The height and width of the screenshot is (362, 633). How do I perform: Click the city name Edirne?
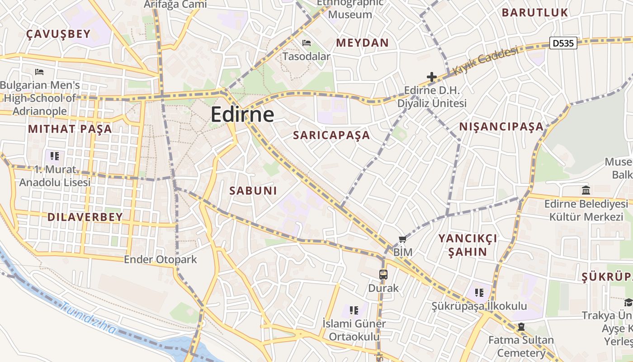click(x=242, y=114)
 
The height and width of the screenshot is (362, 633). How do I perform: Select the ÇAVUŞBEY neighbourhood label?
click(x=58, y=34)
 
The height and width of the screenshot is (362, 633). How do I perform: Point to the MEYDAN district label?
click(x=362, y=43)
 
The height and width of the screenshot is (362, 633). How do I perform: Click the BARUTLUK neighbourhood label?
click(x=534, y=13)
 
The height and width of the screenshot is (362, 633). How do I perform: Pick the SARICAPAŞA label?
click(x=331, y=135)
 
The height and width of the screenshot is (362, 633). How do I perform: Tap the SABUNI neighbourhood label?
click(x=253, y=191)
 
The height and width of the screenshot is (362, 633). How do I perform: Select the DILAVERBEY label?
click(x=85, y=217)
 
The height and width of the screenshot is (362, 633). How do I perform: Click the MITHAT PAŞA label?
click(x=70, y=129)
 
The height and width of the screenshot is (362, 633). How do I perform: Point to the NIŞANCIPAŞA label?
click(x=501, y=127)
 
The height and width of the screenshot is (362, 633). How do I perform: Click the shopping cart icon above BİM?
click(x=402, y=239)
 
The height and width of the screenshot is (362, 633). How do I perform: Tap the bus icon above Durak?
click(x=383, y=274)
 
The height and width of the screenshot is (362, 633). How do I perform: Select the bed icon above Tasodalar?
click(x=307, y=43)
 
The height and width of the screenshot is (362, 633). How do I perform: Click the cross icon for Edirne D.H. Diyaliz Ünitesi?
click(x=432, y=77)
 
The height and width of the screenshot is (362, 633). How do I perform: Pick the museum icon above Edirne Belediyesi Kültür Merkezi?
click(x=586, y=190)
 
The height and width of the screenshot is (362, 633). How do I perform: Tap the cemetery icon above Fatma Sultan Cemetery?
click(x=521, y=327)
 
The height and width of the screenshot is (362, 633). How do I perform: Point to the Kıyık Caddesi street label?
click(x=486, y=62)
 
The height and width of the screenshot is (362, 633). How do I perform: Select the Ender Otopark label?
click(x=161, y=259)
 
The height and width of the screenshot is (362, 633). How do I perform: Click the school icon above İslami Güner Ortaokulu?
click(x=354, y=310)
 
